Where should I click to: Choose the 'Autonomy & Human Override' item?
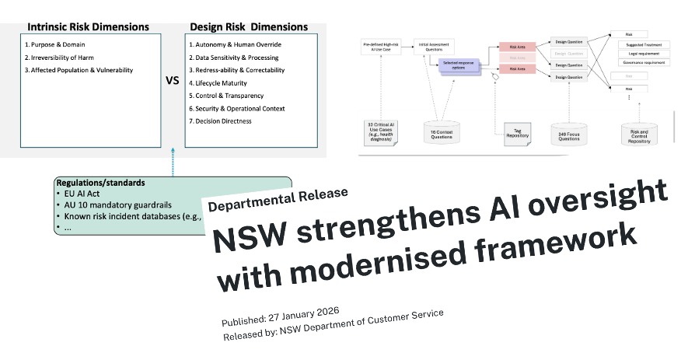tap(237, 44)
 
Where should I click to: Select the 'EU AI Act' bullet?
tap(84, 194)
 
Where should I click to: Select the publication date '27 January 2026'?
tap(306, 312)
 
